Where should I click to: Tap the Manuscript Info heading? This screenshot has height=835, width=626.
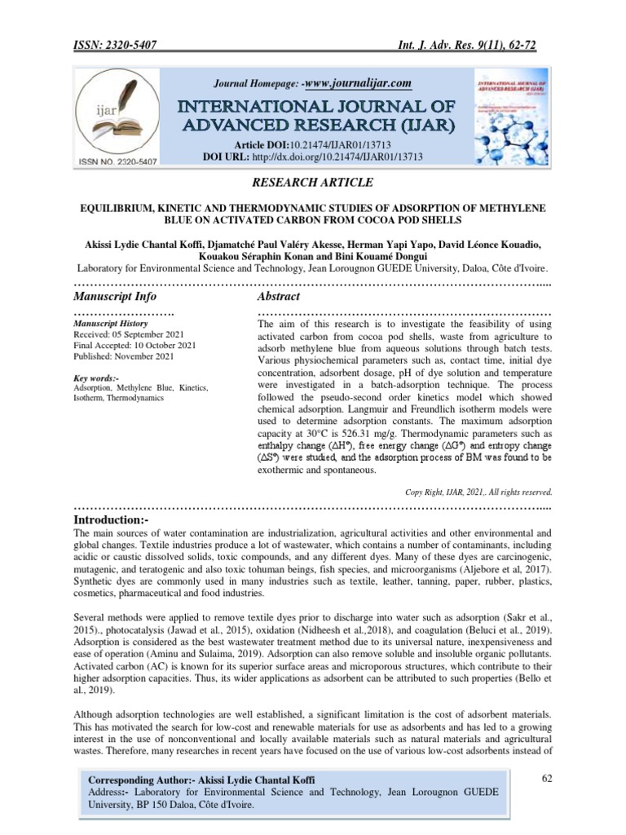[x=115, y=296]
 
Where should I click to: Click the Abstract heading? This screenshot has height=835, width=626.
[x=279, y=296]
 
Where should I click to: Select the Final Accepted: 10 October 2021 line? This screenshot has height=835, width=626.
[x=134, y=346]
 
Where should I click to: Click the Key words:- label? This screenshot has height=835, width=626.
[x=96, y=378]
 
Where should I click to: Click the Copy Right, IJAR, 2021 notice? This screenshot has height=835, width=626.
[x=478, y=492]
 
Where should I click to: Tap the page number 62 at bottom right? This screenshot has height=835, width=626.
[x=548, y=780]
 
